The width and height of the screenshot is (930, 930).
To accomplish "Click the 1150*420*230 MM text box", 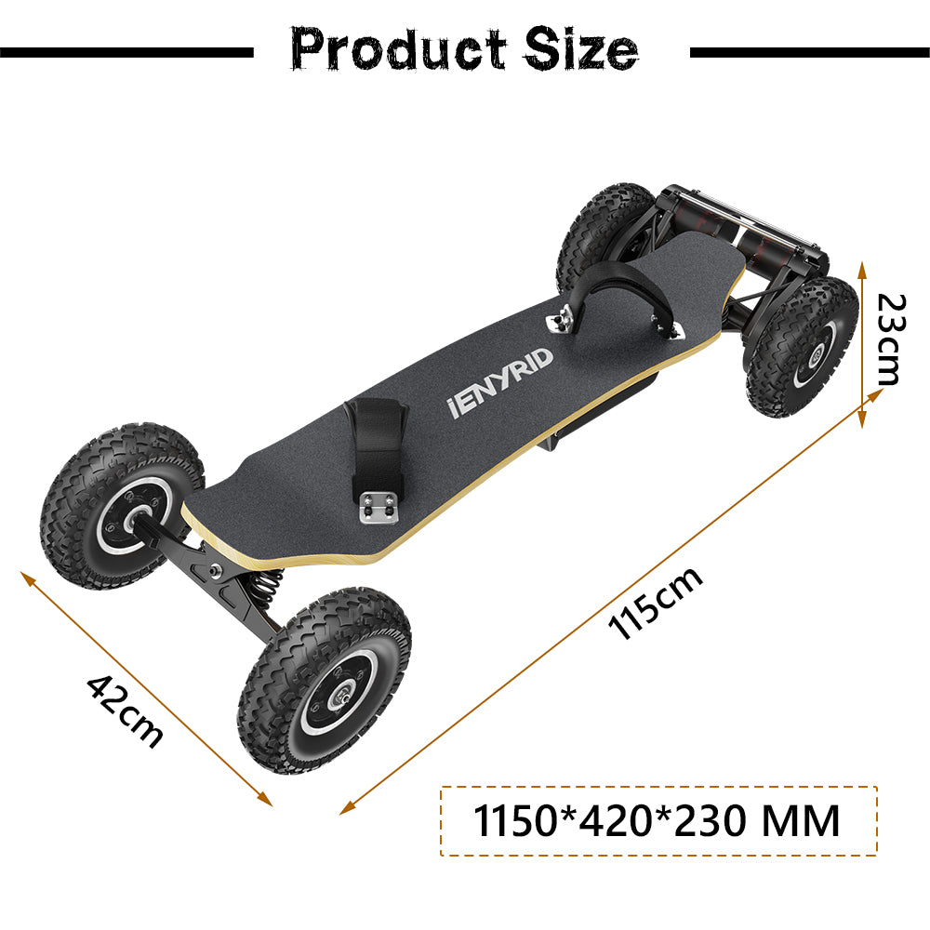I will click(658, 821).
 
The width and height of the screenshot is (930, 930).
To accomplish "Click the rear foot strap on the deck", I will click(615, 284).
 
